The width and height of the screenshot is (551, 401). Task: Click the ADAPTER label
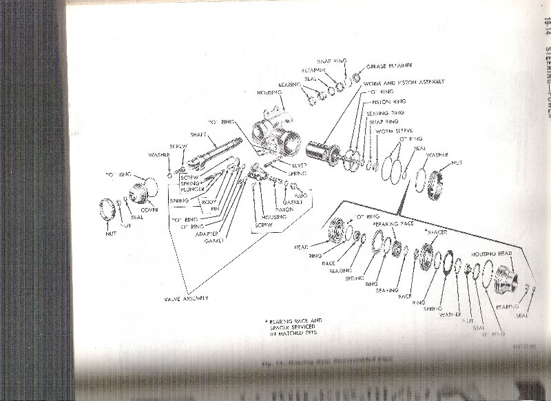pyautogui.click(x=207, y=233)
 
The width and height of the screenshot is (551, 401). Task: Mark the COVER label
pyautogui.click(x=149, y=209)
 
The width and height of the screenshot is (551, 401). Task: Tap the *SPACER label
pyautogui.click(x=438, y=232)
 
